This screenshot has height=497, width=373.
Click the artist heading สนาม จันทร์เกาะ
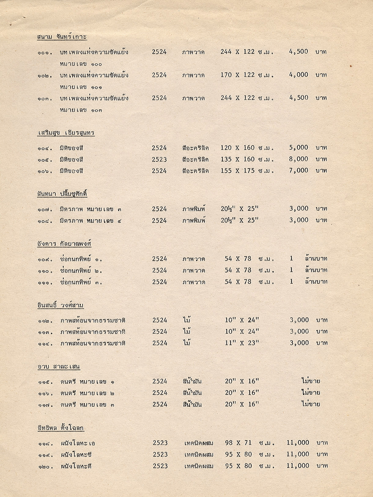point(62,37)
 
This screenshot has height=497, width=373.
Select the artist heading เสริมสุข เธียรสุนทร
point(66,133)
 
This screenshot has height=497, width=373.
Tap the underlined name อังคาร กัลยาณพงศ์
point(64,244)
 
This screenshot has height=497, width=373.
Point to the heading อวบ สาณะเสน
point(58,367)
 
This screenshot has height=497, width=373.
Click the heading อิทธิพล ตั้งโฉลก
point(60,428)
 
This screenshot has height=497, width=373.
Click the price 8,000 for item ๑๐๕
point(298,159)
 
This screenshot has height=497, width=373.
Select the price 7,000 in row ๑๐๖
point(298,171)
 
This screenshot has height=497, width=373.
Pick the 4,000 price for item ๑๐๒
point(298,75)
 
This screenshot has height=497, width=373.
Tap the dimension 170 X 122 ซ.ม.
point(247,75)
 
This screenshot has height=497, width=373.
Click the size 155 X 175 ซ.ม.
point(247,171)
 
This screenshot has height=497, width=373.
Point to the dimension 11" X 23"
point(242,343)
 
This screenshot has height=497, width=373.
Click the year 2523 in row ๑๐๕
point(159,159)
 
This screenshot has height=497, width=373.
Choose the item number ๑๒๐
point(45,467)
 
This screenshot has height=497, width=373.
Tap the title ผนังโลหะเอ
point(78,443)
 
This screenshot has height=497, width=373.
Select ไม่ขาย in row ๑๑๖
point(311,393)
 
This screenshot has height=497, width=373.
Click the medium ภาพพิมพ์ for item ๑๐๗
point(194,209)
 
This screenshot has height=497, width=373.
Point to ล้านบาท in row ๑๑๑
point(316,282)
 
